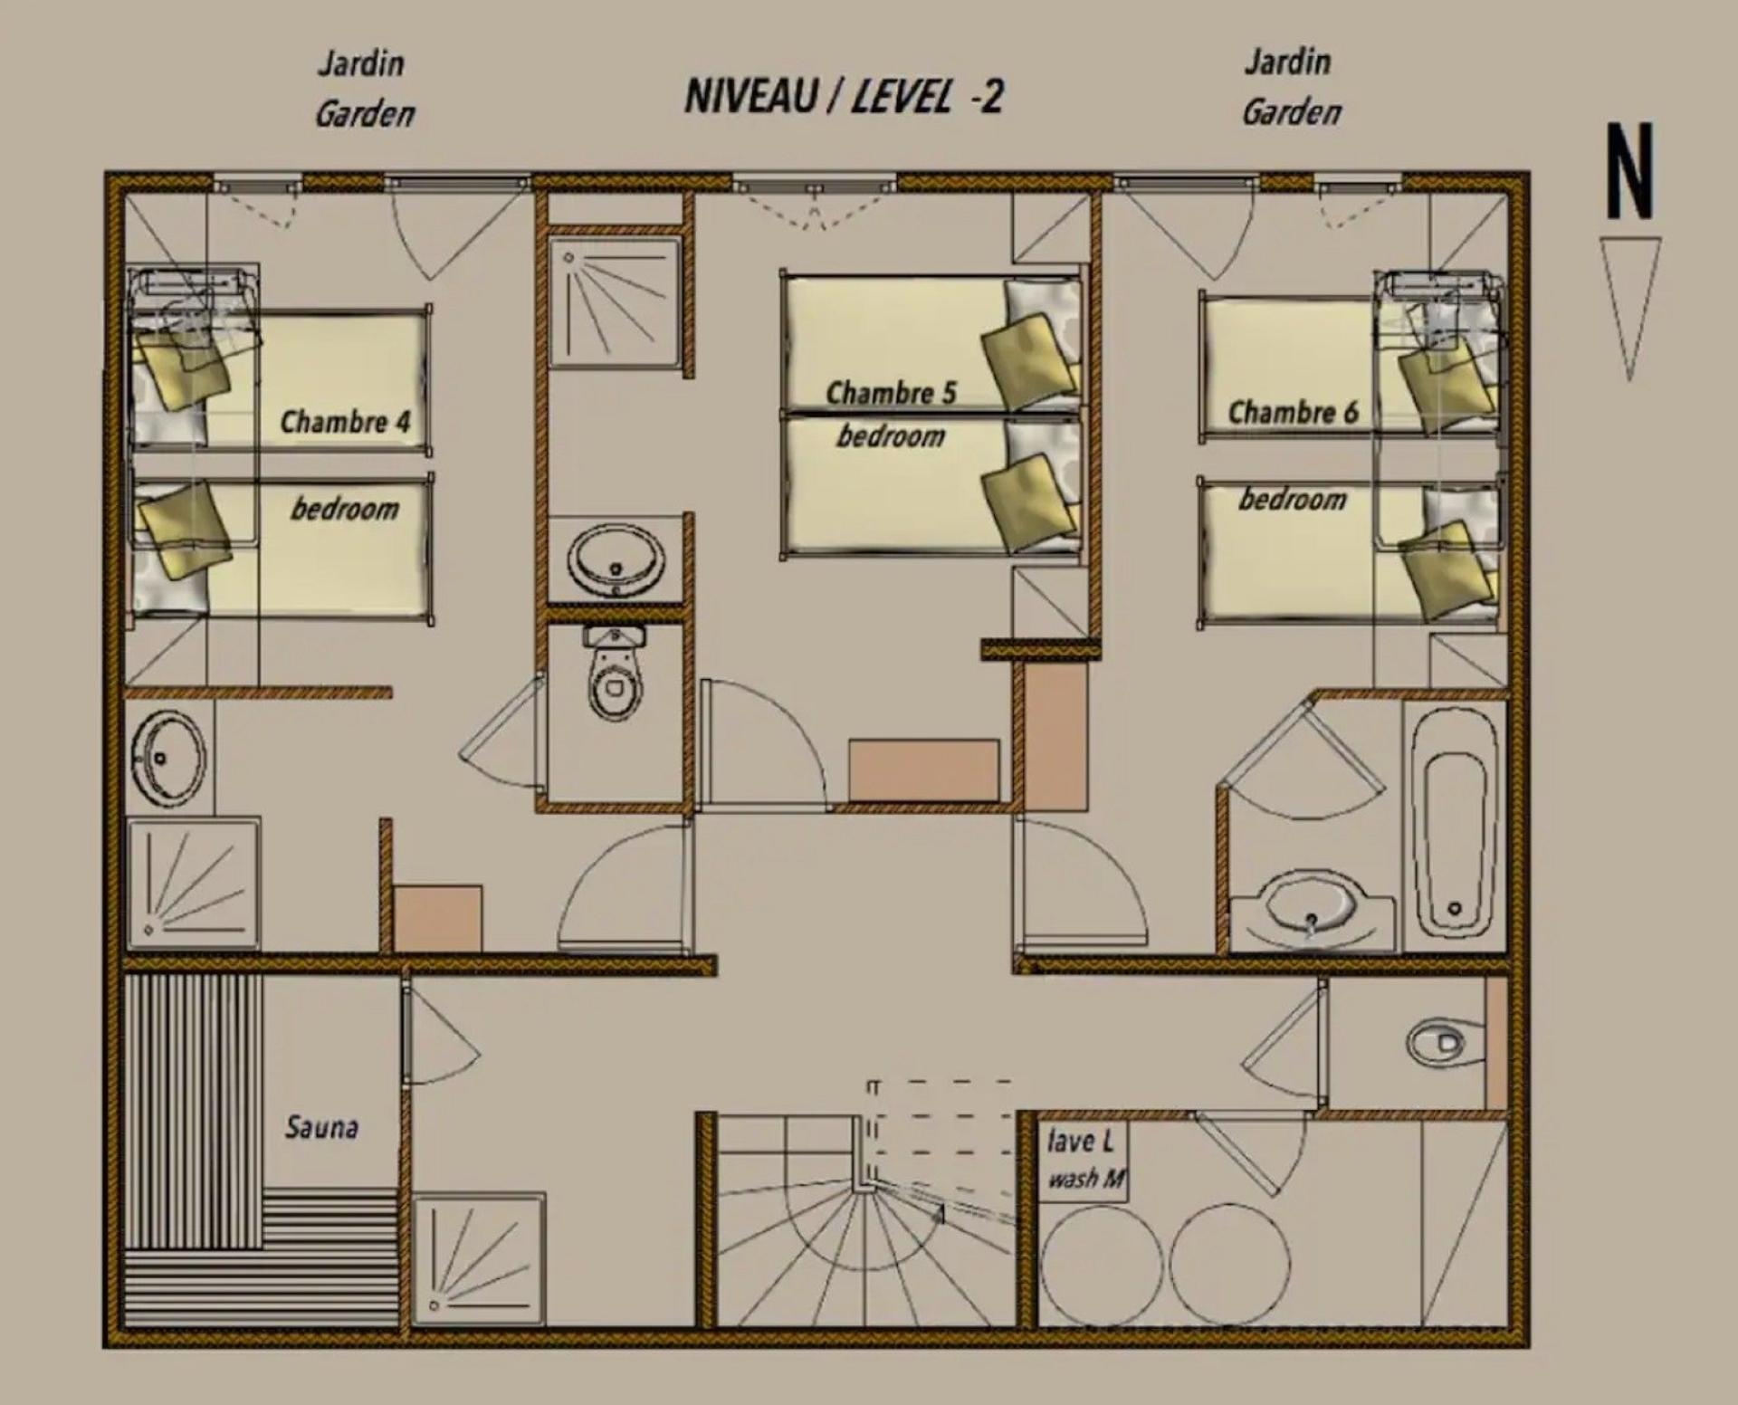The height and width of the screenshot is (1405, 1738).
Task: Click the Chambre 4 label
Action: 345,422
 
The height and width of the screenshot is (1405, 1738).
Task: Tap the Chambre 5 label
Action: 891,393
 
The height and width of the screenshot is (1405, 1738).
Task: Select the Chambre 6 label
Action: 1294,413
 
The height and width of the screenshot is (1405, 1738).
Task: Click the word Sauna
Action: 322,1127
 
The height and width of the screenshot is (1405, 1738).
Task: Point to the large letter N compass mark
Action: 1630,172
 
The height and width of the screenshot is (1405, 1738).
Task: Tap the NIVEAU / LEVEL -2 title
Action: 844,96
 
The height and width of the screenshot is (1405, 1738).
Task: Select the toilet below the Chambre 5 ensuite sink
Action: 615,674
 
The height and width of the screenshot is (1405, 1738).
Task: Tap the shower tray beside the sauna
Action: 479,1260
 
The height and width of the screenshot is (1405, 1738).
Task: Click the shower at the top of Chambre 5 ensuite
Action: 616,302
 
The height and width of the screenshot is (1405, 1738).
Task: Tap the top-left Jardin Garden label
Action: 364,89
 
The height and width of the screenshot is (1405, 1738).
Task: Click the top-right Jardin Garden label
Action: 1290,87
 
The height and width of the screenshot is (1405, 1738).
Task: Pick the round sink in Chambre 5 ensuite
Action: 616,560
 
